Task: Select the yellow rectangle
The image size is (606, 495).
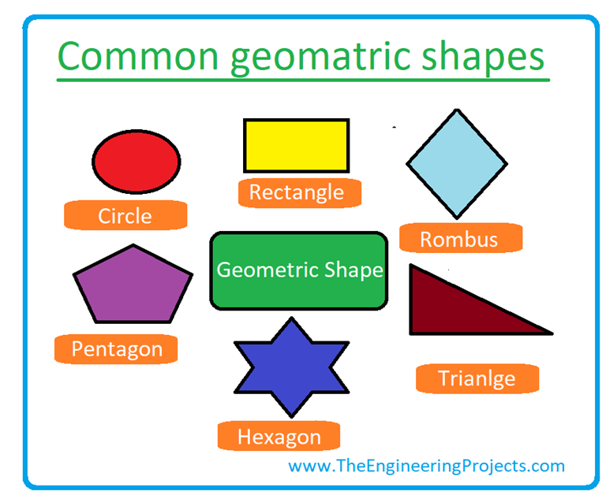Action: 296,145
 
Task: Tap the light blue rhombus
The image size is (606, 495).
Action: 457,164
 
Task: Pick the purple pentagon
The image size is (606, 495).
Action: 133,286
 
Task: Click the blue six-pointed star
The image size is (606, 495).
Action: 291,367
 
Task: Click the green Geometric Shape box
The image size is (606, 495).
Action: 299,270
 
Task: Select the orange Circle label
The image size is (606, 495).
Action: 125,215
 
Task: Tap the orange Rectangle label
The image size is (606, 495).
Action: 297,192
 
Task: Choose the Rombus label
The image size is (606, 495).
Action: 459,239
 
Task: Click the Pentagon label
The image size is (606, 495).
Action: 117,348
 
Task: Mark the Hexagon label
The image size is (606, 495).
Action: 279,437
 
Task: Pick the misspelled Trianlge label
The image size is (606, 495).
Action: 477,378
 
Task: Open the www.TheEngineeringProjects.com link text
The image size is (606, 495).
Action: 427,465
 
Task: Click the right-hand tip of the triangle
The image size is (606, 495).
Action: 549,333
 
